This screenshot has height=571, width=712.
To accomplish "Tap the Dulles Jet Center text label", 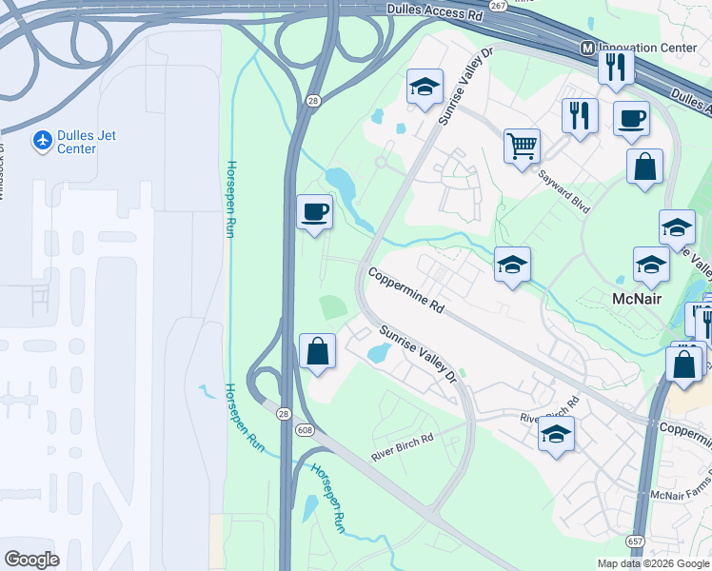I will tap(87, 142).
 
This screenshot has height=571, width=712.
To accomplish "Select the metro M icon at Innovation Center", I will tap(587, 48).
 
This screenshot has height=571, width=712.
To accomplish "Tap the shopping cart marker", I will tap(522, 147).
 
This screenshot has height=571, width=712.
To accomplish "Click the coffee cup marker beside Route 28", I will tap(314, 211).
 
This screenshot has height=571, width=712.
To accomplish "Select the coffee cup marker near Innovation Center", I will tap(631, 119).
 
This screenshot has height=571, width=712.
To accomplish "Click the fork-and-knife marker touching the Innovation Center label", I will tap(616, 66).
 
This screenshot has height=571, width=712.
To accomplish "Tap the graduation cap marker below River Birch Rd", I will tap(556, 434).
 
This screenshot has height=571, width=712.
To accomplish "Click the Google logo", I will tap(32, 560).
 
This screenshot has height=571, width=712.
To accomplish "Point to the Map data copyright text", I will tap(653, 563).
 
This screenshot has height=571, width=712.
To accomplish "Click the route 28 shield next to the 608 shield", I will tap(284, 414).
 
